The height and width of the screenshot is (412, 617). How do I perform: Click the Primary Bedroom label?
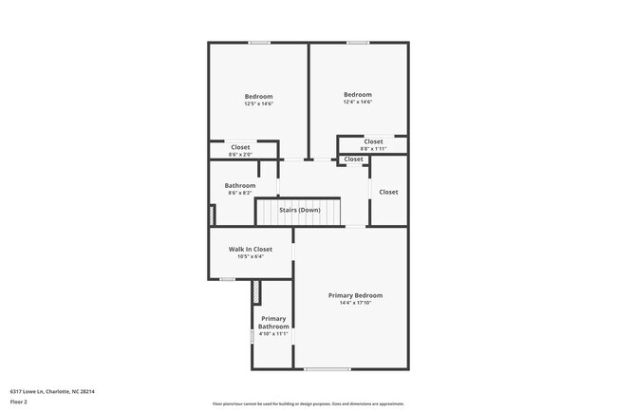click(x=355, y=295)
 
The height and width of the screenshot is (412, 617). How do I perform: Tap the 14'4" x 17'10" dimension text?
click(x=355, y=304)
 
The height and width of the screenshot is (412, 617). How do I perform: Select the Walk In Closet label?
click(x=250, y=249)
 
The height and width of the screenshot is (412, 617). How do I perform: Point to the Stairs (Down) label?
click(x=299, y=209)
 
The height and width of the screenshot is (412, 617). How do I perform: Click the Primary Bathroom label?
click(x=273, y=322)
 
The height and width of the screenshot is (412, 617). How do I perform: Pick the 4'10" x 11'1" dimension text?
click(x=273, y=334)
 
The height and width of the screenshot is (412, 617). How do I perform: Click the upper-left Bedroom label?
click(x=258, y=97)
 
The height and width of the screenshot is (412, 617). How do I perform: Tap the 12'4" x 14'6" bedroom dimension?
click(x=357, y=102)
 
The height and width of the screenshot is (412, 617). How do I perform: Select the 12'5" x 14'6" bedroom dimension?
click(x=258, y=104)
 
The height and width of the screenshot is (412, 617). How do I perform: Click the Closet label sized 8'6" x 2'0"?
click(x=240, y=147)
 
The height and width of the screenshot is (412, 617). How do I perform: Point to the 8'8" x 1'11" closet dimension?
click(x=373, y=149)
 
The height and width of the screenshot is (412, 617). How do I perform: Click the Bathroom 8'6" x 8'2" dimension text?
click(x=239, y=193)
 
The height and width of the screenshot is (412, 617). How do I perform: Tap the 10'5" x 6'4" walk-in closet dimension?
click(x=250, y=256)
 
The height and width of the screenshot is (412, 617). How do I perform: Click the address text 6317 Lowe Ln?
click(x=52, y=391)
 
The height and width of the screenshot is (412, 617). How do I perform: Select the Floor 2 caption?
click(x=20, y=402)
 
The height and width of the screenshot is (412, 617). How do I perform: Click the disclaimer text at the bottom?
click(x=308, y=403)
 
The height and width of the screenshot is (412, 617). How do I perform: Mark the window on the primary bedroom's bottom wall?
click(x=327, y=368)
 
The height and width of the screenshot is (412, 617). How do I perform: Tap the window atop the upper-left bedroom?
click(x=259, y=42)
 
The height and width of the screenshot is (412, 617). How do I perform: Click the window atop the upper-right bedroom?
click(x=357, y=42)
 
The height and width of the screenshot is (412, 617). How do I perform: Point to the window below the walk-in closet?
click(x=227, y=279)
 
